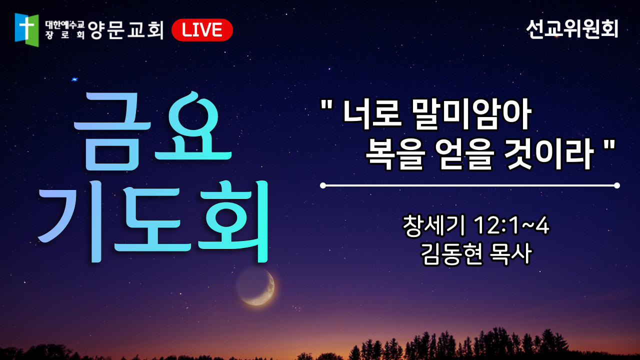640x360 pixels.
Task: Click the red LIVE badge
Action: [202, 30]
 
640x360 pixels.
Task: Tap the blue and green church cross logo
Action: [26, 29]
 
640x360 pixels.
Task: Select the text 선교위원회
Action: [572, 29]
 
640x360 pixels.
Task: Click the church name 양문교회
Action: [125, 29]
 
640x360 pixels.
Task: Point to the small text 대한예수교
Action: [64, 25]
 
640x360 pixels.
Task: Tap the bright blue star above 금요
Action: [74, 79]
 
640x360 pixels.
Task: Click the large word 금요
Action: [152, 131]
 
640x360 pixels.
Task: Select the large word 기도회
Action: [153, 221]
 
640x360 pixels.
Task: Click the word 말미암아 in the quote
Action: [471, 113]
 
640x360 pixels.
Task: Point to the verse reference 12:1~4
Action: [511, 225]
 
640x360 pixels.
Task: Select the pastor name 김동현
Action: [452, 254]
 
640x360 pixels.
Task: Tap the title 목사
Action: [510, 254]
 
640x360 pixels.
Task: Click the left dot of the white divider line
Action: [323, 185]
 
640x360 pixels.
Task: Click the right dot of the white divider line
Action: [617, 185]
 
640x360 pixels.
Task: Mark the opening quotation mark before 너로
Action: [327, 105]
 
